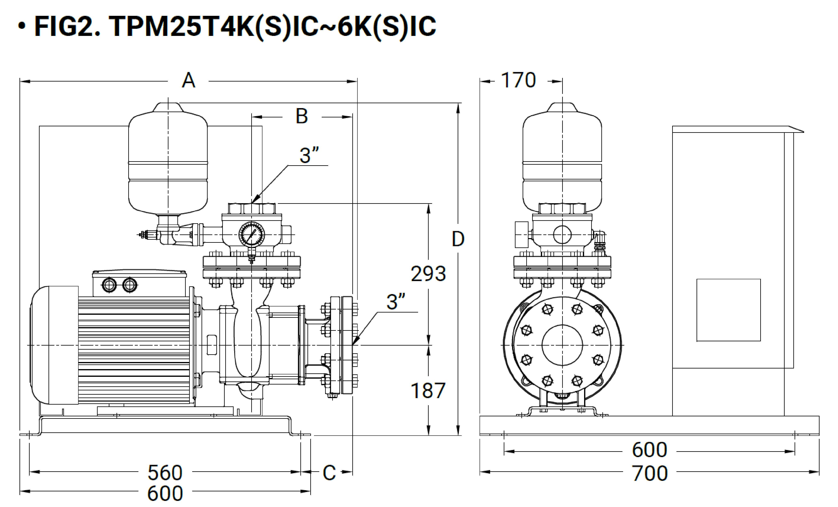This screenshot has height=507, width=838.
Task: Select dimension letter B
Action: click(x=302, y=116)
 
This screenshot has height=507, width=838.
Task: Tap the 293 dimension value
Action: click(x=428, y=274)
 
